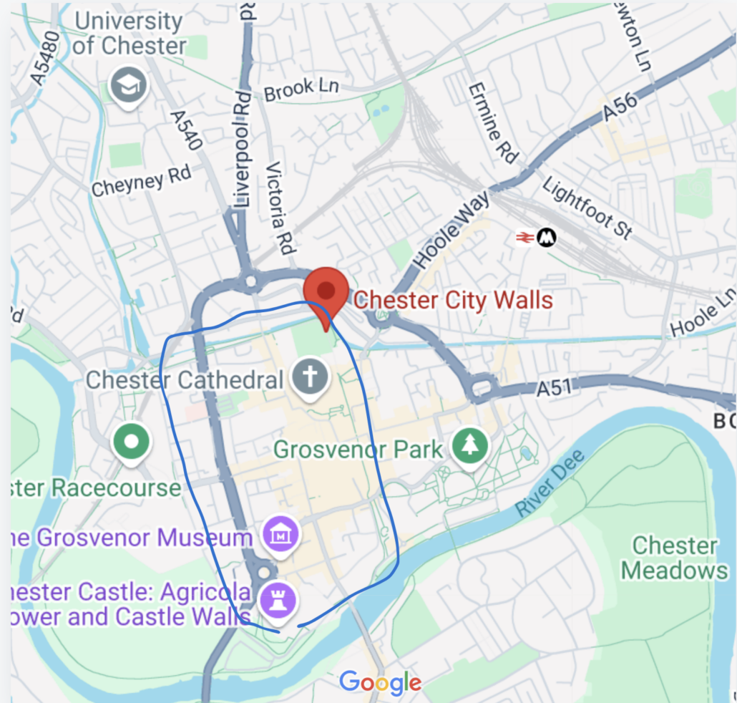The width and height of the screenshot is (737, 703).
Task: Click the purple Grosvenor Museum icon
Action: [x=281, y=533]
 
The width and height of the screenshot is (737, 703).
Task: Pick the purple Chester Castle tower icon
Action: [x=275, y=596]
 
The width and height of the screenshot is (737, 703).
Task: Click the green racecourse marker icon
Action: [x=131, y=442]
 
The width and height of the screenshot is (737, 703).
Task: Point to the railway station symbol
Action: [x=537, y=238]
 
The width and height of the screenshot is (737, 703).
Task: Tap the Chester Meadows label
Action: [x=674, y=558]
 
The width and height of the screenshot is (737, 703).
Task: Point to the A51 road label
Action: [x=556, y=389]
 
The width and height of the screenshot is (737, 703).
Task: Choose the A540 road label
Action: [x=185, y=130]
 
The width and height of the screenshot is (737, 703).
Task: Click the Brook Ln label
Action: [x=301, y=89]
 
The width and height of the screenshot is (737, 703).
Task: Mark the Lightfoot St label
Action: [x=587, y=208]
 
